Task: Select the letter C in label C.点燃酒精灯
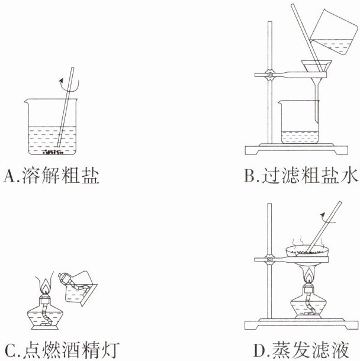pos(10,350)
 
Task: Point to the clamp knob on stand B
pos(270,75)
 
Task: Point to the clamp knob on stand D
pos(270,259)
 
